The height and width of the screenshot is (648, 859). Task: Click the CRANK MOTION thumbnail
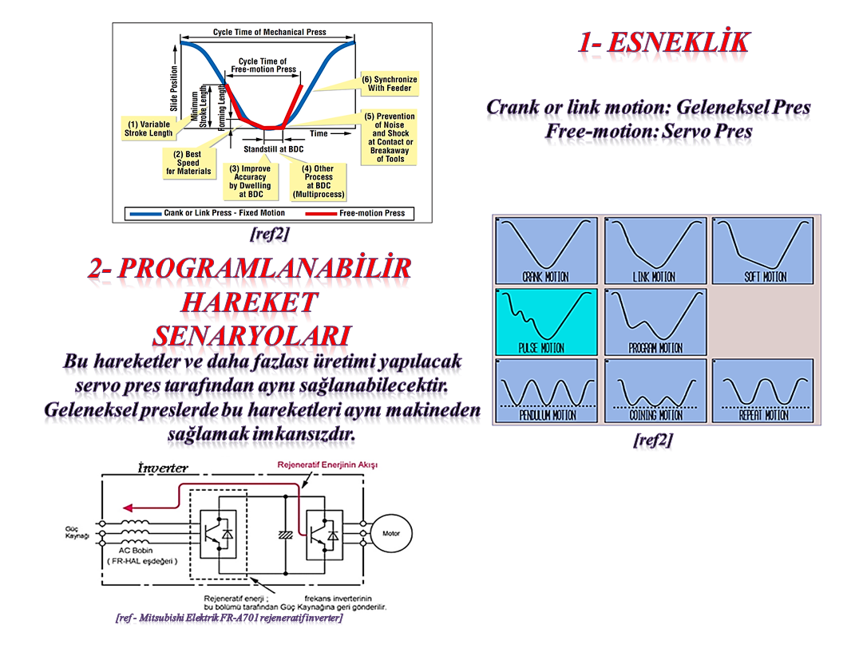click(545, 251)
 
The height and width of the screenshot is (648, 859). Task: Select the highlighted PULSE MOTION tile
click(545, 322)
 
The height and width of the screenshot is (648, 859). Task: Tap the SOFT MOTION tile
click(762, 251)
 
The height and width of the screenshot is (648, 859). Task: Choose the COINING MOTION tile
click(655, 391)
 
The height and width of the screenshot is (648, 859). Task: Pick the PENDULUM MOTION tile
click(545, 391)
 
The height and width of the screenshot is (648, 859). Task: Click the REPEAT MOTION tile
click(762, 391)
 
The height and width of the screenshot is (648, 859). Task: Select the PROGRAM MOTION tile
click(655, 322)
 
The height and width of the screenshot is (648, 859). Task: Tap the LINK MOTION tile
click(655, 251)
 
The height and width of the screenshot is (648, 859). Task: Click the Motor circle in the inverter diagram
click(391, 533)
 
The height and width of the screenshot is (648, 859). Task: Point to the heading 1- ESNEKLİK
click(664, 41)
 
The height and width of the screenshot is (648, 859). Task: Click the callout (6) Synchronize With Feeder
click(389, 84)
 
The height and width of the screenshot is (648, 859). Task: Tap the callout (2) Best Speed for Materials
click(188, 162)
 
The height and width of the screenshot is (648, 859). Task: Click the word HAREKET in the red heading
click(249, 302)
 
